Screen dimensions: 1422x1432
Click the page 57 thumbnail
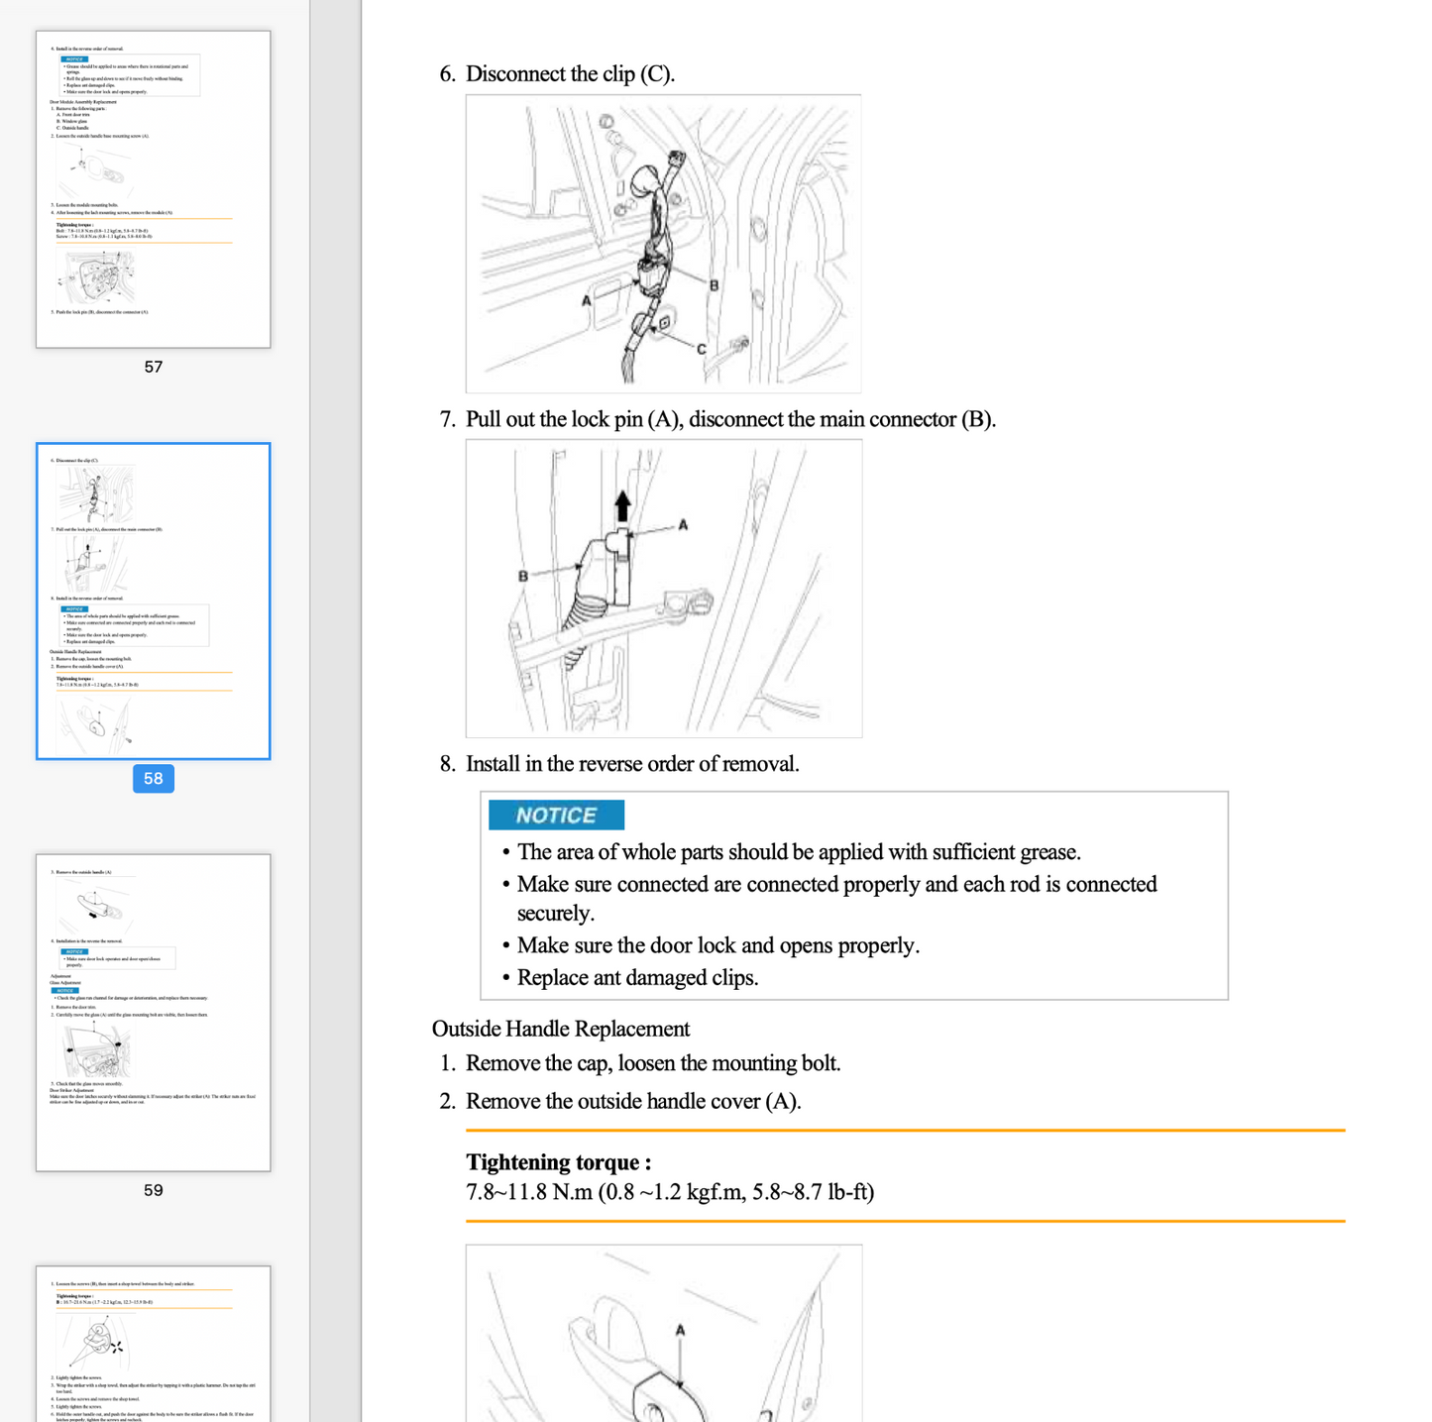(x=154, y=188)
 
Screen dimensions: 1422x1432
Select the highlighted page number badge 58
(x=154, y=779)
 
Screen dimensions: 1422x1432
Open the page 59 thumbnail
(x=154, y=1012)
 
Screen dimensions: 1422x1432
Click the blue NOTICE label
(x=556, y=816)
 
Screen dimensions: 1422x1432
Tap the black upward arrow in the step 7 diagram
(x=622, y=505)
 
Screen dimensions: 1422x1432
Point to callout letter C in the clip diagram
(x=701, y=349)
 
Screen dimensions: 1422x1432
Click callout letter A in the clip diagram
(x=587, y=300)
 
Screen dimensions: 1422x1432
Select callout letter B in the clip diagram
(x=714, y=285)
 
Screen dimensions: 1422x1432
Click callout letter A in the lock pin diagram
(x=683, y=525)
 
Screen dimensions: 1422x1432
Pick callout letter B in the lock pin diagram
(x=523, y=576)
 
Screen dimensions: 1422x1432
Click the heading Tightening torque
(x=558, y=1162)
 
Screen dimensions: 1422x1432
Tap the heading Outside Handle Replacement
(x=560, y=1029)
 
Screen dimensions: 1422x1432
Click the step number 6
(x=447, y=74)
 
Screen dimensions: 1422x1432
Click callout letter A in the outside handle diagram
(x=680, y=1331)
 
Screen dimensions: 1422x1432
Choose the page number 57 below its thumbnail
(x=154, y=367)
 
